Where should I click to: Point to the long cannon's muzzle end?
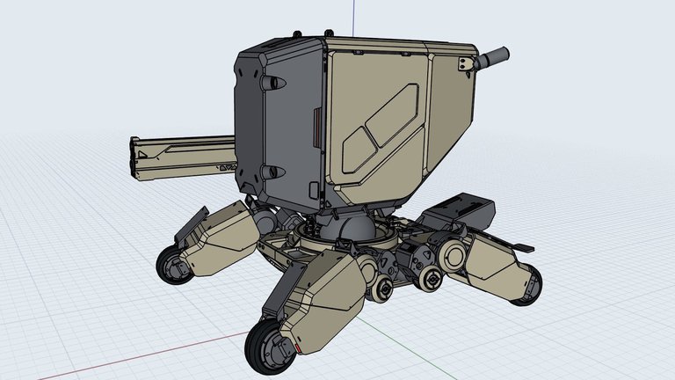click(x=134, y=159)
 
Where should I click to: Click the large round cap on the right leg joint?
click(x=454, y=256)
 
